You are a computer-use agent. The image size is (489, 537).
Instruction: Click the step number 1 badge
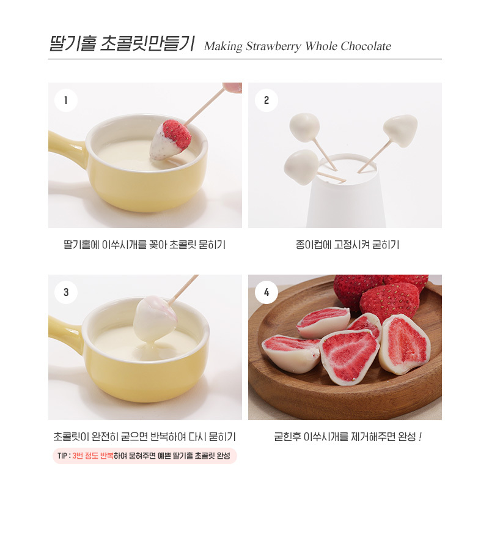(x=65, y=100)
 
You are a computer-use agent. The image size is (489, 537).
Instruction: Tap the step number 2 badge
(x=267, y=100)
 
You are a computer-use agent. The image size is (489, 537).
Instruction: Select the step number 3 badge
(x=65, y=292)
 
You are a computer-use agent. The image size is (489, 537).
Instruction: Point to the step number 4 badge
(x=267, y=292)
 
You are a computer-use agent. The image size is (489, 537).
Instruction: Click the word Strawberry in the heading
(x=274, y=46)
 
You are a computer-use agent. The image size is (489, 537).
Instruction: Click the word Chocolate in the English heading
(x=366, y=46)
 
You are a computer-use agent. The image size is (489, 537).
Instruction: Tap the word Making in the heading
(x=223, y=46)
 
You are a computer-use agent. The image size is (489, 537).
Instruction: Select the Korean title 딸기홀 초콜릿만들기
(x=122, y=43)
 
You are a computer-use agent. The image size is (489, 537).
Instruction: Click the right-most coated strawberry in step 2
(x=400, y=130)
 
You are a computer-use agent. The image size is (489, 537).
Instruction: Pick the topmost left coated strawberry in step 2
(x=304, y=127)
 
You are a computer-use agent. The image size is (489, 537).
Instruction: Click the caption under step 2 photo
(x=347, y=245)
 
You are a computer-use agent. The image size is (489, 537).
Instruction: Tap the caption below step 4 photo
(x=347, y=437)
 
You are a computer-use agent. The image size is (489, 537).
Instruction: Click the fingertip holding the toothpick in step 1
(x=232, y=87)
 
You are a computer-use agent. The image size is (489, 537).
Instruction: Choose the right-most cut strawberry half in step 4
(x=405, y=344)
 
